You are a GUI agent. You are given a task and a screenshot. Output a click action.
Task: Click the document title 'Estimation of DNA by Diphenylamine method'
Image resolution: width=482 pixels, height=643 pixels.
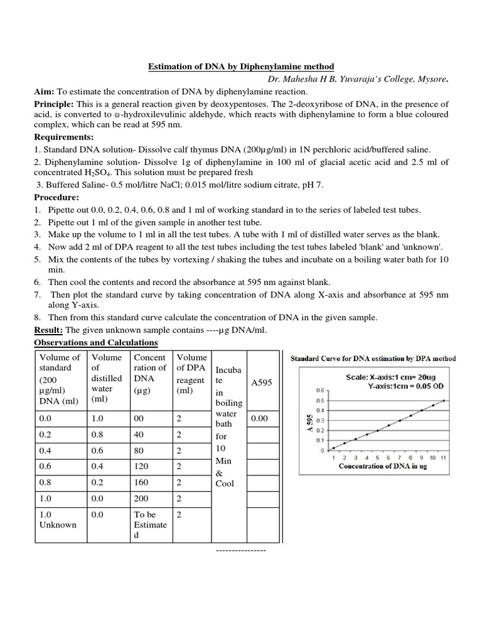click(x=240, y=67)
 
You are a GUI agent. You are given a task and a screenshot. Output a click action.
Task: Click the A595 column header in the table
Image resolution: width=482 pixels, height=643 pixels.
click(x=260, y=382)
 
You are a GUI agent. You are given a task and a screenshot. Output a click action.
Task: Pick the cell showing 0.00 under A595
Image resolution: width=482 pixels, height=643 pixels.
click(x=259, y=418)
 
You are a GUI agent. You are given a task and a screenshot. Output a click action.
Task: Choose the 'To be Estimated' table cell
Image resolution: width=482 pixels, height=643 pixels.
click(x=150, y=524)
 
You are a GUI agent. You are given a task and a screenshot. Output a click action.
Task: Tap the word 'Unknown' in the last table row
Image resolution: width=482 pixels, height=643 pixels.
click(x=57, y=524)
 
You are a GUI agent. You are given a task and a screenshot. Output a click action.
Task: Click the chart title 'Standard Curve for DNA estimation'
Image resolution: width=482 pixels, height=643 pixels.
click(x=372, y=359)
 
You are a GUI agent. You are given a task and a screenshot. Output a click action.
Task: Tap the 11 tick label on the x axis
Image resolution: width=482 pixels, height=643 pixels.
click(x=443, y=458)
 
